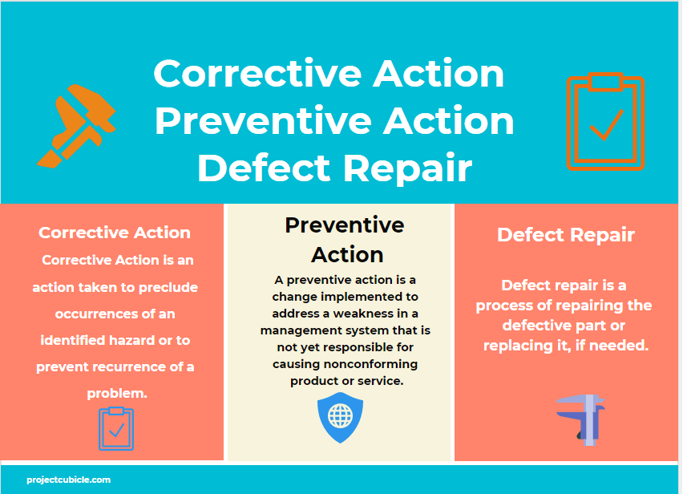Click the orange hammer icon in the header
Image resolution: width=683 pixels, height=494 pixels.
click(x=76, y=125)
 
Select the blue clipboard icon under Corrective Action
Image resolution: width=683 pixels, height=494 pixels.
click(x=116, y=428)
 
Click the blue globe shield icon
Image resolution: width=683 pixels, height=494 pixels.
click(x=341, y=417)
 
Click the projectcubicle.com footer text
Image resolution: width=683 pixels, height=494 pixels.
click(x=68, y=480)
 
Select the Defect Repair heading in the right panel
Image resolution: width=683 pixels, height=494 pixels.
click(x=566, y=234)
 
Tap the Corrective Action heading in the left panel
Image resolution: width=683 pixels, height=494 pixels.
click(x=115, y=233)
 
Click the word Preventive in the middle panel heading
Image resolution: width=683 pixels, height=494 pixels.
click(x=345, y=225)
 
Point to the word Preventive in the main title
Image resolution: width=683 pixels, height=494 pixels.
click(x=265, y=121)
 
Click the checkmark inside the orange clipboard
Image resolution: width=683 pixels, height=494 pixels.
click(x=606, y=126)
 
